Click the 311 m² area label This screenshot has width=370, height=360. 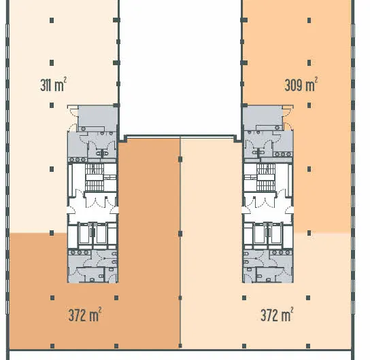click(x=53, y=84)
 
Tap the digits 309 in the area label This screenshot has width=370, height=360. click(x=294, y=85)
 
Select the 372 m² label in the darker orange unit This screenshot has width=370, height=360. click(x=85, y=314)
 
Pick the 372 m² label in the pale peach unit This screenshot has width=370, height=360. click(x=277, y=314)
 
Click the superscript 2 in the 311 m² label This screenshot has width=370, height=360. click(x=65, y=79)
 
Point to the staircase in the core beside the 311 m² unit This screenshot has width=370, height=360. click(x=95, y=177)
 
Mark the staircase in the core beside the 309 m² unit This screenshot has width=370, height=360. click(x=266, y=177)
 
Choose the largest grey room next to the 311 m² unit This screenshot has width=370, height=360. click(x=98, y=117)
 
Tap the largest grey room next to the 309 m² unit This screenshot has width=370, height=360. click(x=263, y=117)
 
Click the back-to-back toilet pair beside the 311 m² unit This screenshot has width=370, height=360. click(x=102, y=153)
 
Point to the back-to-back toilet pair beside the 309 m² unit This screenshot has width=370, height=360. click(x=258, y=152)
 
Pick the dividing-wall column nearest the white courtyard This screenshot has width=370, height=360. click(x=180, y=159)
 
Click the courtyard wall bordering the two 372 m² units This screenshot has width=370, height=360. click(x=180, y=136)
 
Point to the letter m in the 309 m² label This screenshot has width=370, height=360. click(x=309, y=86)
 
